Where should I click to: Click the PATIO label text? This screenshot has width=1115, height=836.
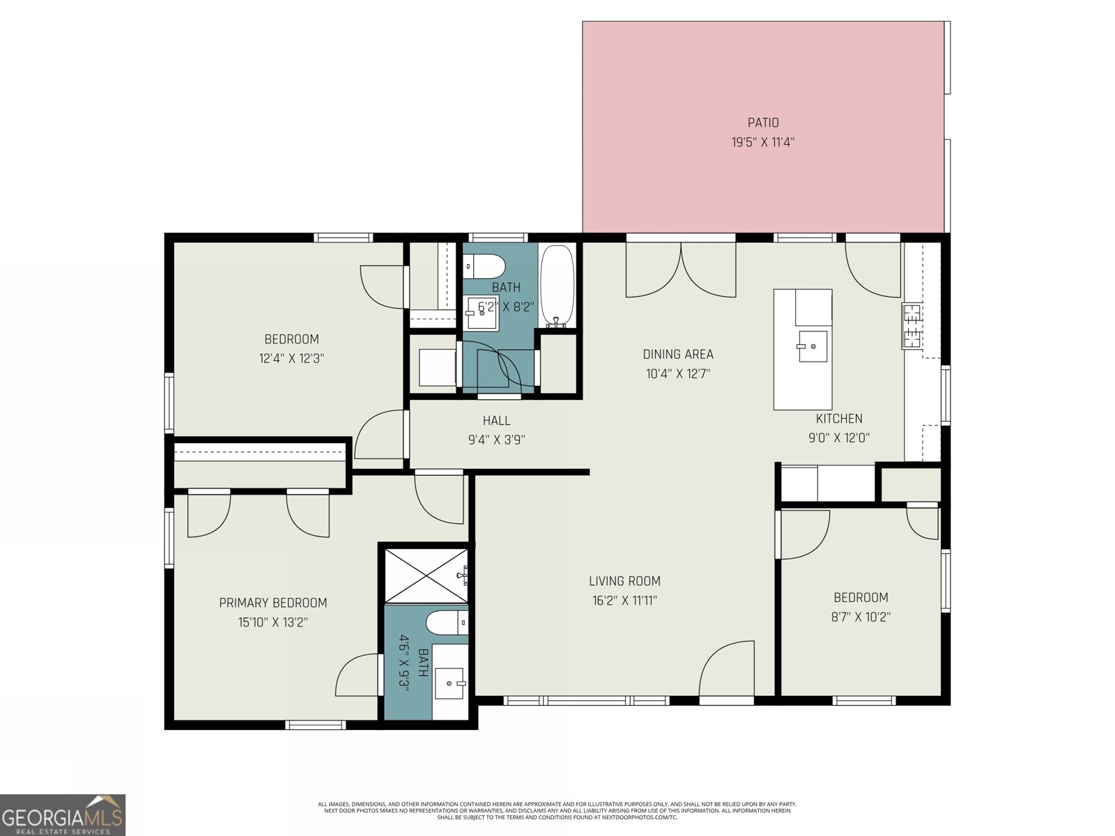763,123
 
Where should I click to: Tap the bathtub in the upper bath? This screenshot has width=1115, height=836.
557,286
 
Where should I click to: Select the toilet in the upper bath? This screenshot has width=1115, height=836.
485,265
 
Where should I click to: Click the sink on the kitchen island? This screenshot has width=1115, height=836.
813,346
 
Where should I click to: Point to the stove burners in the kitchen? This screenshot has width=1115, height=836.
912,326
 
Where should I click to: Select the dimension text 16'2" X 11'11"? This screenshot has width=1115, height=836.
624,601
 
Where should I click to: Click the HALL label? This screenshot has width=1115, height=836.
496,421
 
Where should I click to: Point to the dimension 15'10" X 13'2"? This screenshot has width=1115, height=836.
272,622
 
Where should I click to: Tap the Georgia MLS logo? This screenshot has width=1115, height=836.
63,814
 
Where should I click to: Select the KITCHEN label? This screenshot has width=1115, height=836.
839,419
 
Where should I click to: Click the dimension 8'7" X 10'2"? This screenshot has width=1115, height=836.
861,617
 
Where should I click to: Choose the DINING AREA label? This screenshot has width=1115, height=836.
677,355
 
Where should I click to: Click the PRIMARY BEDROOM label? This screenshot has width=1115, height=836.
272,603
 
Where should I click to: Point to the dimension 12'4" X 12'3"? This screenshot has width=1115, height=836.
291,359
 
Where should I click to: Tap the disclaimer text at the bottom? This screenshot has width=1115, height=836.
557,810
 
